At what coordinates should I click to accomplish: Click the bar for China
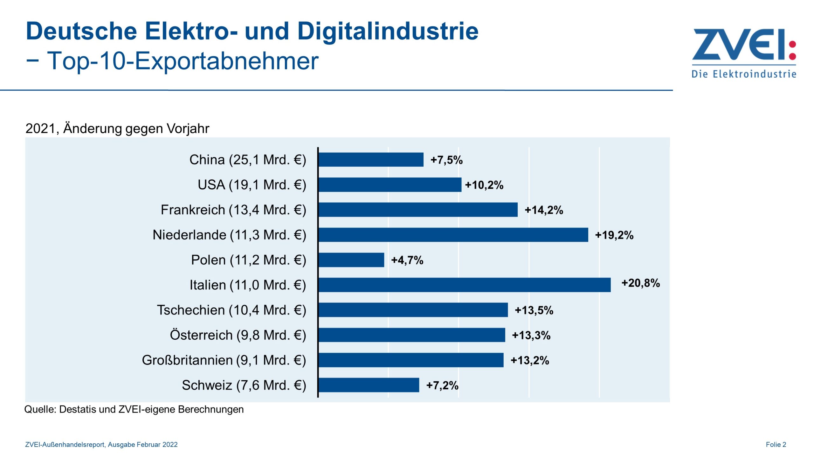(x=371, y=160)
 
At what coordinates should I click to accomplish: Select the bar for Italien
(x=464, y=285)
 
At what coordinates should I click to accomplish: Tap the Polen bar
(x=351, y=260)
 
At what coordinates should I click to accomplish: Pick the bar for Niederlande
(x=453, y=235)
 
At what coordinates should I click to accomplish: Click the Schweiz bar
(x=369, y=385)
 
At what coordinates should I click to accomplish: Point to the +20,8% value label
(x=640, y=283)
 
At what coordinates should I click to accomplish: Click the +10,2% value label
(x=484, y=185)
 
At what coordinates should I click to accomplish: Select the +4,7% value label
(x=407, y=260)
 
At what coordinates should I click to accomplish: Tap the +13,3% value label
(x=531, y=335)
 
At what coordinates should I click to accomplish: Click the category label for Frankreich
(x=233, y=210)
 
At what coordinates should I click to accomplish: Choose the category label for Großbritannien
(x=224, y=360)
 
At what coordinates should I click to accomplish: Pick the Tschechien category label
(x=231, y=310)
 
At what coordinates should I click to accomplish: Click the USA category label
(x=252, y=185)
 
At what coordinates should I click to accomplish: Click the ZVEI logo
(x=744, y=45)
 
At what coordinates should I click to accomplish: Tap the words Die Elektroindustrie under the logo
(x=744, y=74)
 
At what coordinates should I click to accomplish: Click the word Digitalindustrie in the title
(x=388, y=31)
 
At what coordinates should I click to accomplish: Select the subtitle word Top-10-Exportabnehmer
(x=183, y=61)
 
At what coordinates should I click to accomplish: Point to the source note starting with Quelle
(x=134, y=409)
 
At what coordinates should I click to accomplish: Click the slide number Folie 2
(x=776, y=445)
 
